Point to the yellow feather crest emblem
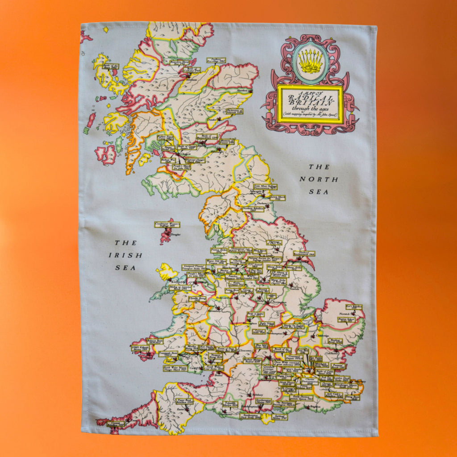pos(311,62)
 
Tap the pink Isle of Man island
pos(166,231)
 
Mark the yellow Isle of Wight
pos(267,418)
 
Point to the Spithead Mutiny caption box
pos(279,417)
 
